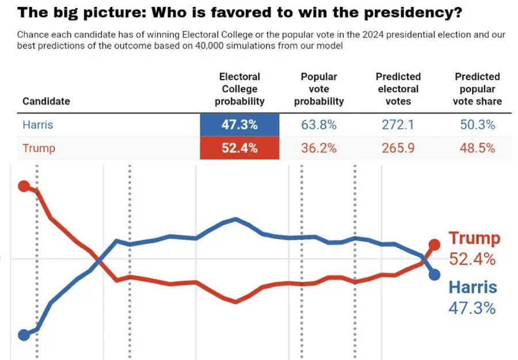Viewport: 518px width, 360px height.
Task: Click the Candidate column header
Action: pos(46,101)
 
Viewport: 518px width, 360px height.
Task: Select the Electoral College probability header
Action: pos(239,89)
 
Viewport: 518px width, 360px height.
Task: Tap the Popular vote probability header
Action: pos(319,89)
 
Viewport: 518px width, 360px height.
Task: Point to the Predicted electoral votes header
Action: pos(398,89)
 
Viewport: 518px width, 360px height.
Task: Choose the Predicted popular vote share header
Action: pos(477,89)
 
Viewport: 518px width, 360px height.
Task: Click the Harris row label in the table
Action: pos(38,124)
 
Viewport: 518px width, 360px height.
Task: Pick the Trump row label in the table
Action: pos(39,148)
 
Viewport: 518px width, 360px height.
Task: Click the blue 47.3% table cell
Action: pos(239,125)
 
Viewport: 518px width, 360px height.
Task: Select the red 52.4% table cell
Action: pos(239,148)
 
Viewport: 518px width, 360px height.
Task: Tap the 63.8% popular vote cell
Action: pos(319,125)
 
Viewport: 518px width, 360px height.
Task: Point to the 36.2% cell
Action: pos(319,148)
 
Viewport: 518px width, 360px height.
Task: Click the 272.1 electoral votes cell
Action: pos(398,125)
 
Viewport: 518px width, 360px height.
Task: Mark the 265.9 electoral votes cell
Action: pos(398,148)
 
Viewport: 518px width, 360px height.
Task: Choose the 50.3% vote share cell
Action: pos(477,125)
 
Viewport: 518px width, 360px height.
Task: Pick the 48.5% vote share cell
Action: pos(477,148)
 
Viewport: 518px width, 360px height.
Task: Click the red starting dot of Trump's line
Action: pos(24,186)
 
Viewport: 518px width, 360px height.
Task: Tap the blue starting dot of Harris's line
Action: pos(24,335)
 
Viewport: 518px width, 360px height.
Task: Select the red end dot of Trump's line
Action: pos(434,244)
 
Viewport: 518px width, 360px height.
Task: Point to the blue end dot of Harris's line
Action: pos(434,274)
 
